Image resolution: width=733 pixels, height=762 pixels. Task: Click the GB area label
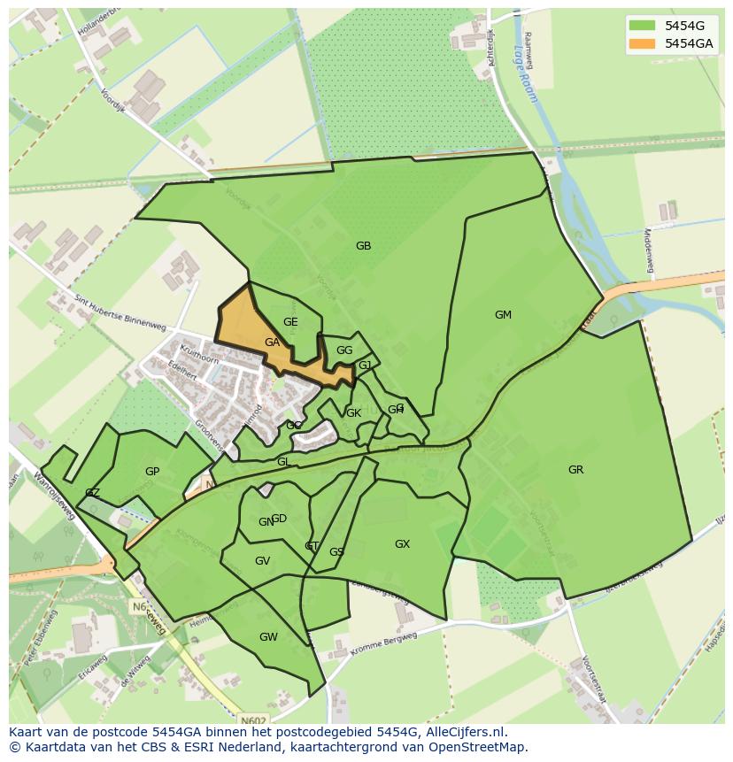click(363, 246)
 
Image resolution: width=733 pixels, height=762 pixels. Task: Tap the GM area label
click(503, 315)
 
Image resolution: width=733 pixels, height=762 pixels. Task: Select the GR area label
click(575, 470)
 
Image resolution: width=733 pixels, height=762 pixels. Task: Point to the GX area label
click(402, 544)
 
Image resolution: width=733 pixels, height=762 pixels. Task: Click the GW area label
click(268, 637)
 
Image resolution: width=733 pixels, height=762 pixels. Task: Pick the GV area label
click(262, 561)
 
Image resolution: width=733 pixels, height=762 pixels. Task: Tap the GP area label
click(152, 472)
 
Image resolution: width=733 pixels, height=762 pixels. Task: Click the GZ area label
click(92, 493)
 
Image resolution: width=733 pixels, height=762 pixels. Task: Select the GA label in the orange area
click(272, 343)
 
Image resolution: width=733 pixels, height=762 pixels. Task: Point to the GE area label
click(290, 322)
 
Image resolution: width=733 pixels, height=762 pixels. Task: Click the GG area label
click(344, 350)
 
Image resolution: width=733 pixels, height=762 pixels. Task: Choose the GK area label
click(353, 413)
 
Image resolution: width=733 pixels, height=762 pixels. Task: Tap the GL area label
click(283, 462)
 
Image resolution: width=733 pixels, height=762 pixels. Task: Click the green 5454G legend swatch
click(642, 25)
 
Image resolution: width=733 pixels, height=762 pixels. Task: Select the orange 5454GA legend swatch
click(642, 43)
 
